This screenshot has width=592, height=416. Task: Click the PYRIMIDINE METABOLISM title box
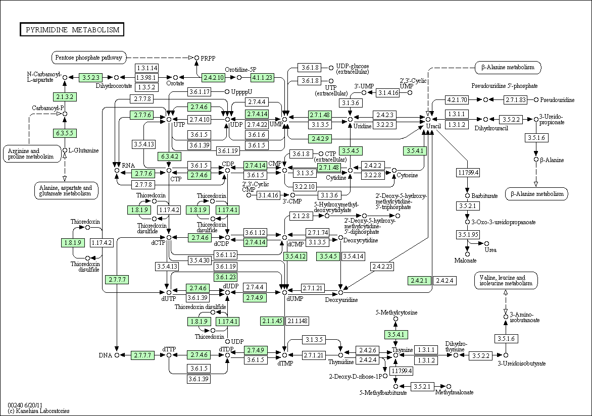pyautogui.click(x=72, y=30)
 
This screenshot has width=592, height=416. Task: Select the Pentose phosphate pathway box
pyautogui.click(x=89, y=58)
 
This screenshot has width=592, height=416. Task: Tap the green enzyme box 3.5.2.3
pyautogui.click(x=90, y=78)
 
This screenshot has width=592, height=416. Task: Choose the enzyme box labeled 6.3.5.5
pyautogui.click(x=65, y=133)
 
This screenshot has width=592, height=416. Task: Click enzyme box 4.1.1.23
pyautogui.click(x=262, y=77)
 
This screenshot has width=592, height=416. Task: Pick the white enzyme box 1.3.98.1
pyautogui.click(x=146, y=77)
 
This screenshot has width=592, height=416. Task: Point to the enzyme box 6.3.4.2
pyautogui.click(x=169, y=156)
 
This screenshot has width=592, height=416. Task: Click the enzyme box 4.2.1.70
pyautogui.click(x=457, y=99)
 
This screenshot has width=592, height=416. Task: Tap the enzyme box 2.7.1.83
pyautogui.click(x=516, y=99)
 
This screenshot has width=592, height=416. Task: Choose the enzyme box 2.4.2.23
pyautogui.click(x=382, y=266)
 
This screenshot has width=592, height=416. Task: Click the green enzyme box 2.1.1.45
pyautogui.click(x=272, y=321)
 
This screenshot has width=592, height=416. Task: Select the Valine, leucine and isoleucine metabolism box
pyautogui.click(x=506, y=281)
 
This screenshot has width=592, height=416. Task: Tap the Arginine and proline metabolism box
pyautogui.click(x=32, y=153)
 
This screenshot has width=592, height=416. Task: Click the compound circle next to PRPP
pyautogui.click(x=196, y=58)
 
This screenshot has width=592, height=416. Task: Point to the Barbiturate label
pyautogui.click(x=484, y=195)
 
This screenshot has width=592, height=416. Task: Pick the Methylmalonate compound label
pyautogui.click(x=454, y=392)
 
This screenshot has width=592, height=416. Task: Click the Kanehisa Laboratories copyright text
pyautogui.click(x=38, y=411)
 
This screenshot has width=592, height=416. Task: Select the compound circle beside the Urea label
pyautogui.click(x=486, y=243)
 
